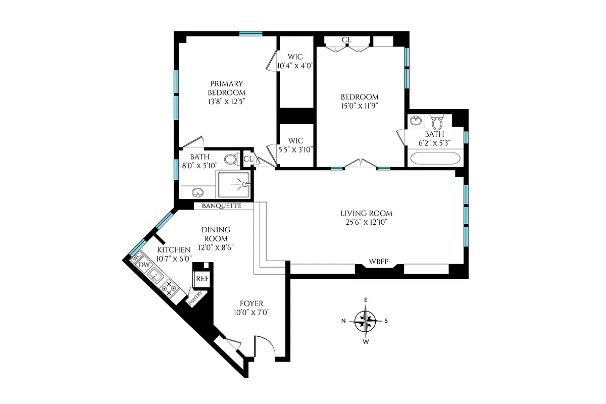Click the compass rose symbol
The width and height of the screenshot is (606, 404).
366,320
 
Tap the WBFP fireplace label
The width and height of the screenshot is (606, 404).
379,261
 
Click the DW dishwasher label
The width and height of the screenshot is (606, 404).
144,265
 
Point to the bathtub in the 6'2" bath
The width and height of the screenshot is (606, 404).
435,158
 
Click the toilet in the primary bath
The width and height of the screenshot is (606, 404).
232,160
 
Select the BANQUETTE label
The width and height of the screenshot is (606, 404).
221,206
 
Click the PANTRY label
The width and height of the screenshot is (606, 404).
194,298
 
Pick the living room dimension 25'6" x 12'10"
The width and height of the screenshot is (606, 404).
366,222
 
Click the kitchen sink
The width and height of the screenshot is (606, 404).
155,276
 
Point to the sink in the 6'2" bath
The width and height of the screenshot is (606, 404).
417,121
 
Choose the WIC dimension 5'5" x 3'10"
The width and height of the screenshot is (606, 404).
295,149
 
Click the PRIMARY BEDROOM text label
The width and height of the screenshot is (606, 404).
227,88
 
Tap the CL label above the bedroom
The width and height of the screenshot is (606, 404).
346,40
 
